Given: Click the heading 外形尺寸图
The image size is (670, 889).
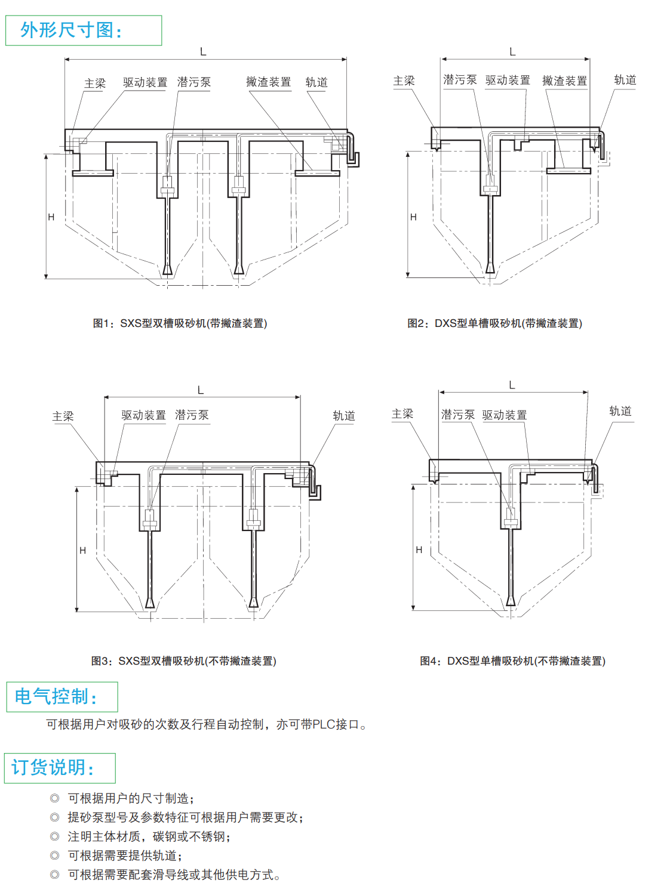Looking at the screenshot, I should coord(72,30).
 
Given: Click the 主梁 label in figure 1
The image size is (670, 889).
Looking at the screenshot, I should coord(95,84).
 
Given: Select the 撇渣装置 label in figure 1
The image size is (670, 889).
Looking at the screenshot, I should coord(268,82).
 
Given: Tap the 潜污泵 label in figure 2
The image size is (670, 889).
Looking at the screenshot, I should coord(460,80).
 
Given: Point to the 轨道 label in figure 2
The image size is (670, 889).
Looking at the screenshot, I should coord(625,80).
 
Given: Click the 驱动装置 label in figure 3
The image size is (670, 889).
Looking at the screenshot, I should coord(143,415).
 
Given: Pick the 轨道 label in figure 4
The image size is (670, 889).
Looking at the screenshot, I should coord(620,411).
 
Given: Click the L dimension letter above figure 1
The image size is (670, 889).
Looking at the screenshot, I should coord(203,52).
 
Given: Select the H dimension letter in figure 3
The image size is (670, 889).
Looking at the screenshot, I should coord(82,550).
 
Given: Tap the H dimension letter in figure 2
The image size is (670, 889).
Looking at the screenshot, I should coord(413,217).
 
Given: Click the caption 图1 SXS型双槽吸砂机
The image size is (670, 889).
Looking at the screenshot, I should coord(180,323).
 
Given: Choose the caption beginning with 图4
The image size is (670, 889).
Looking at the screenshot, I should coord(512,661).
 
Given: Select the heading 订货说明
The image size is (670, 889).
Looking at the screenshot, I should coord(53,767).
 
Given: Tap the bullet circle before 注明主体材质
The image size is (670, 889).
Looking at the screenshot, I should coord(55,836).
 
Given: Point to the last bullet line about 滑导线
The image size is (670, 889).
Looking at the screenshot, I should coord(173,875).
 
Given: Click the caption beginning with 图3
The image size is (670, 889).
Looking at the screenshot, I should coord(183,661).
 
